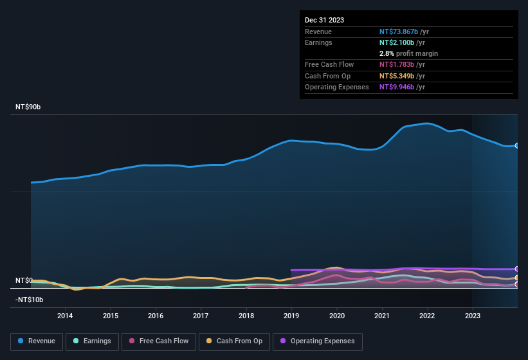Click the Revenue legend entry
point(37,341)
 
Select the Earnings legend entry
point(93,341)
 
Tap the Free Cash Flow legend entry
point(158,341)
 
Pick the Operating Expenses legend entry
point(317,341)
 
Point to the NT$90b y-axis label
point(28,107)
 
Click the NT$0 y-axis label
point(24,281)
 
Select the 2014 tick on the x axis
point(64,316)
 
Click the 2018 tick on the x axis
point(246,316)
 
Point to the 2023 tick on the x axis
point(473,316)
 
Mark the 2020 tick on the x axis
point(336,316)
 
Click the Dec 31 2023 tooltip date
point(324,20)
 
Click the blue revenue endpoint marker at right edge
point(517,146)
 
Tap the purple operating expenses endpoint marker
point(517,269)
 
